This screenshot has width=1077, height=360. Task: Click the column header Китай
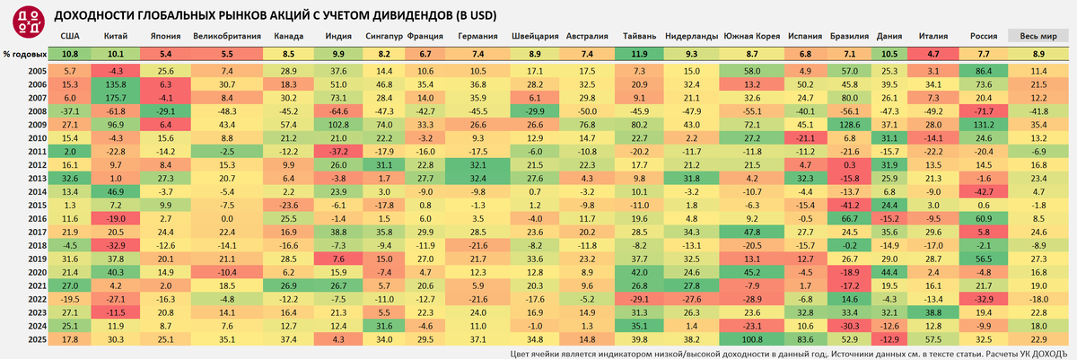[115, 37]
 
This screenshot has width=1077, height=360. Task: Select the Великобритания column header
[227, 37]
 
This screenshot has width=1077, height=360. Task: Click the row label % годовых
[24, 55]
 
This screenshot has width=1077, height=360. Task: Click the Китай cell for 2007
[115, 97]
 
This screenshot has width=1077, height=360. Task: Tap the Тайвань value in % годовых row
[639, 55]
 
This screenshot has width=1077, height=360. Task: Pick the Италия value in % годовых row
[933, 55]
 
